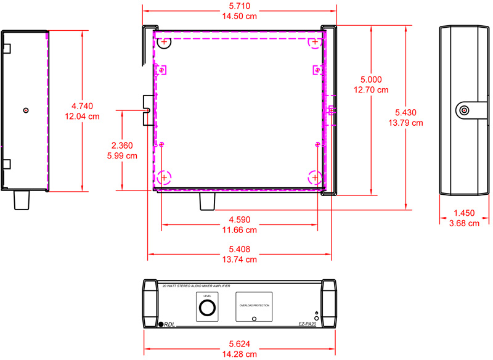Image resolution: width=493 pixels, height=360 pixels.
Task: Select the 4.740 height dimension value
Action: tap(86, 105)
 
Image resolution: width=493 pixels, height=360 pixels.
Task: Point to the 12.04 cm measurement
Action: tap(86, 116)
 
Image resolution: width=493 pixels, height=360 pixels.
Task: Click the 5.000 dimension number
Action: tap(371, 80)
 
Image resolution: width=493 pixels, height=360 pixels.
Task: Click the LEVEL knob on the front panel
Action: tap(207, 308)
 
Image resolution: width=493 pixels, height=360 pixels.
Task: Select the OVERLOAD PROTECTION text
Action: tap(254, 305)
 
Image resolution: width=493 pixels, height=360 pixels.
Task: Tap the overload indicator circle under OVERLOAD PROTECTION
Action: tap(255, 319)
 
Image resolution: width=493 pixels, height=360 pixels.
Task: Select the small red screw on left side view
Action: tap(25, 110)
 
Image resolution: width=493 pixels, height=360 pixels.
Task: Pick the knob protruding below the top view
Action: tap(206, 202)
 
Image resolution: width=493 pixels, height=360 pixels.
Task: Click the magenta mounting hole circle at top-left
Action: tap(163, 43)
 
